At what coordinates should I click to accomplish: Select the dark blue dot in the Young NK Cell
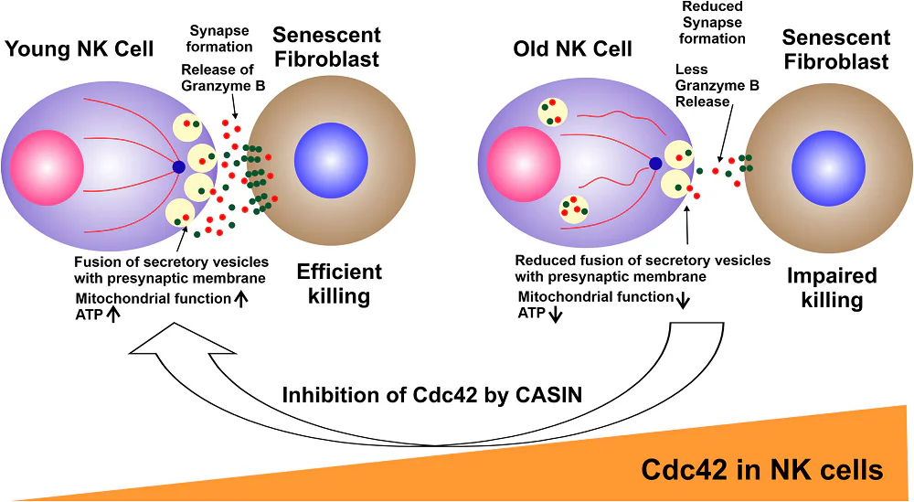tap(179, 166)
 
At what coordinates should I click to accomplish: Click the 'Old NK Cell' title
tap(572, 49)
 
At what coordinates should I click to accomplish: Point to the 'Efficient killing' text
tap(339, 283)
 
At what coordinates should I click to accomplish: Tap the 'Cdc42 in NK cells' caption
tap(761, 470)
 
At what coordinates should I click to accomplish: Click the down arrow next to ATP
tap(555, 315)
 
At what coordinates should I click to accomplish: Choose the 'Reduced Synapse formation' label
tap(714, 22)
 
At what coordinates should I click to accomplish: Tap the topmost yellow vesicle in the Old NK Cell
tap(553, 112)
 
